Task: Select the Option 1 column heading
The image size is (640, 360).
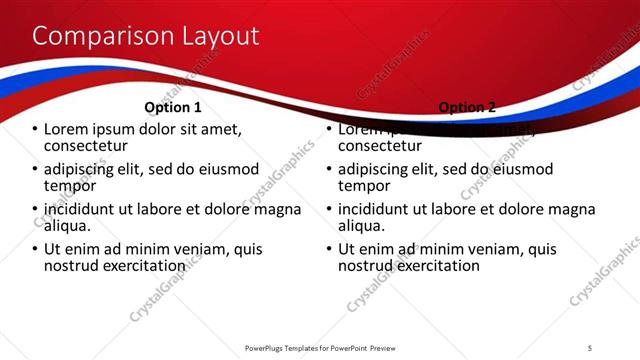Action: coord(173,107)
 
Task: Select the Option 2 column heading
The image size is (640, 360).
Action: coord(466,107)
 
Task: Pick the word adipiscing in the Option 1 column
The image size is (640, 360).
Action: coord(85,169)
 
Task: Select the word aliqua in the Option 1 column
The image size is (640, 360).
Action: coord(68,226)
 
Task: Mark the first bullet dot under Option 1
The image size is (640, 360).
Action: coord(35,130)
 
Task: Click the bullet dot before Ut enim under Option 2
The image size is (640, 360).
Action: coord(329,250)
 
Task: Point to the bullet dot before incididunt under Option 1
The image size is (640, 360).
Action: coord(35,210)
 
